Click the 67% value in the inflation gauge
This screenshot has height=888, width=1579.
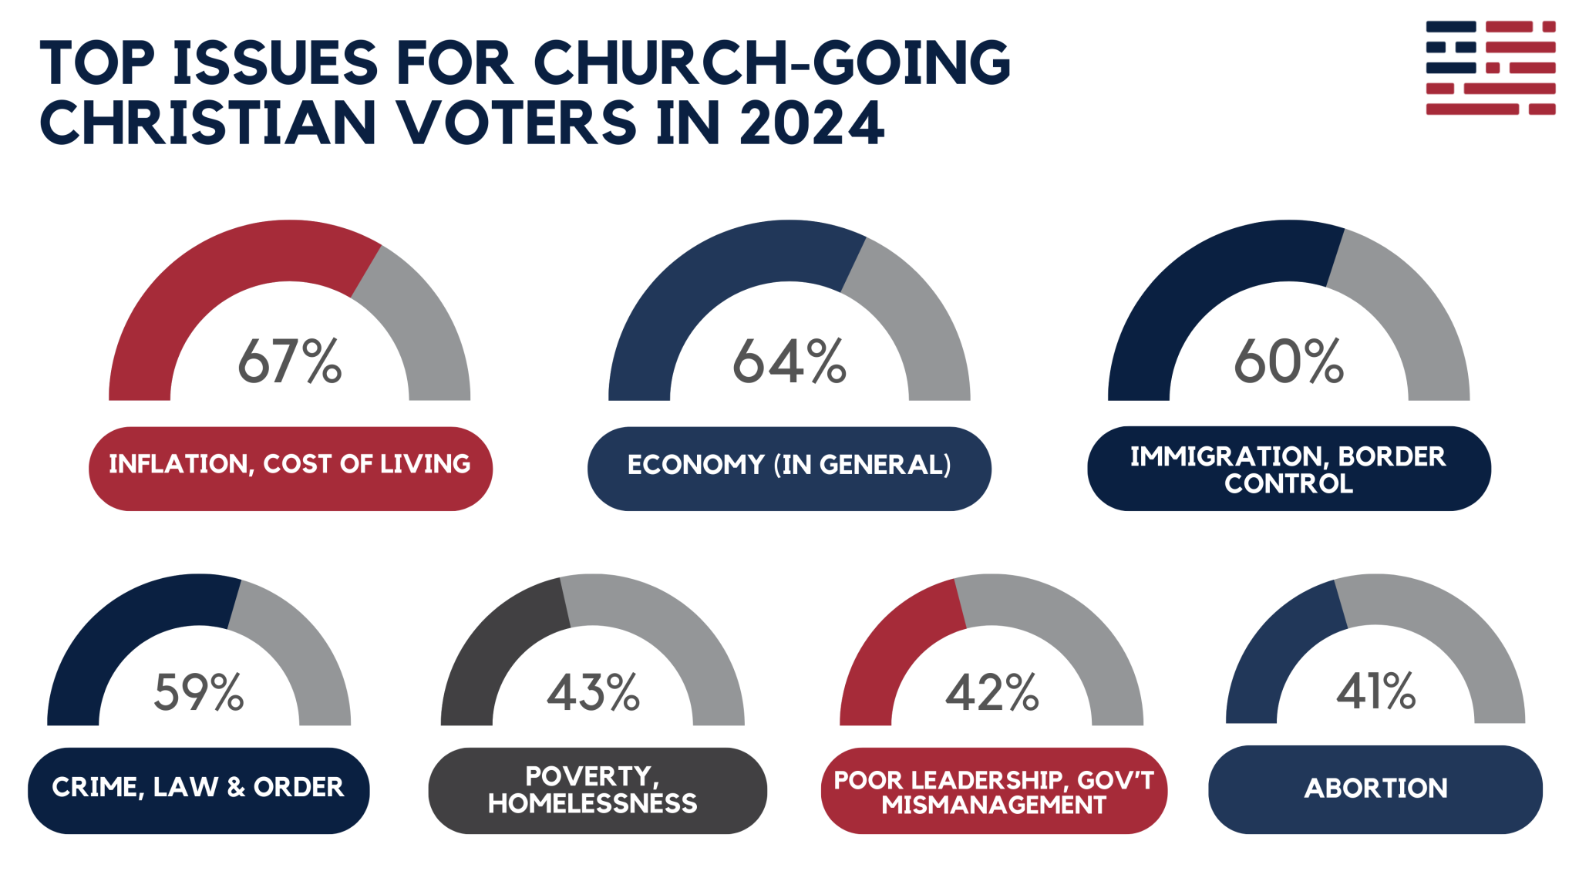click(289, 361)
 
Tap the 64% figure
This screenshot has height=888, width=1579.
click(789, 361)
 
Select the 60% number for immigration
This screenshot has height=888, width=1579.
click(1288, 361)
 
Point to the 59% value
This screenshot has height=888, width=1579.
click(199, 691)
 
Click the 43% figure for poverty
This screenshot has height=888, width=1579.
click(593, 691)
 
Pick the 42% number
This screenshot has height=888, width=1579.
click(992, 691)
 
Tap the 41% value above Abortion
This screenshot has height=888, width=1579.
click(1375, 690)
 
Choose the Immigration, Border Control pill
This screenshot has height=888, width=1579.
click(1288, 468)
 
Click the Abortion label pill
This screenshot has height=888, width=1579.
click(1375, 789)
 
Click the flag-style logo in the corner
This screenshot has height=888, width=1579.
click(1490, 68)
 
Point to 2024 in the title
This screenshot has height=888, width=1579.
click(811, 123)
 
